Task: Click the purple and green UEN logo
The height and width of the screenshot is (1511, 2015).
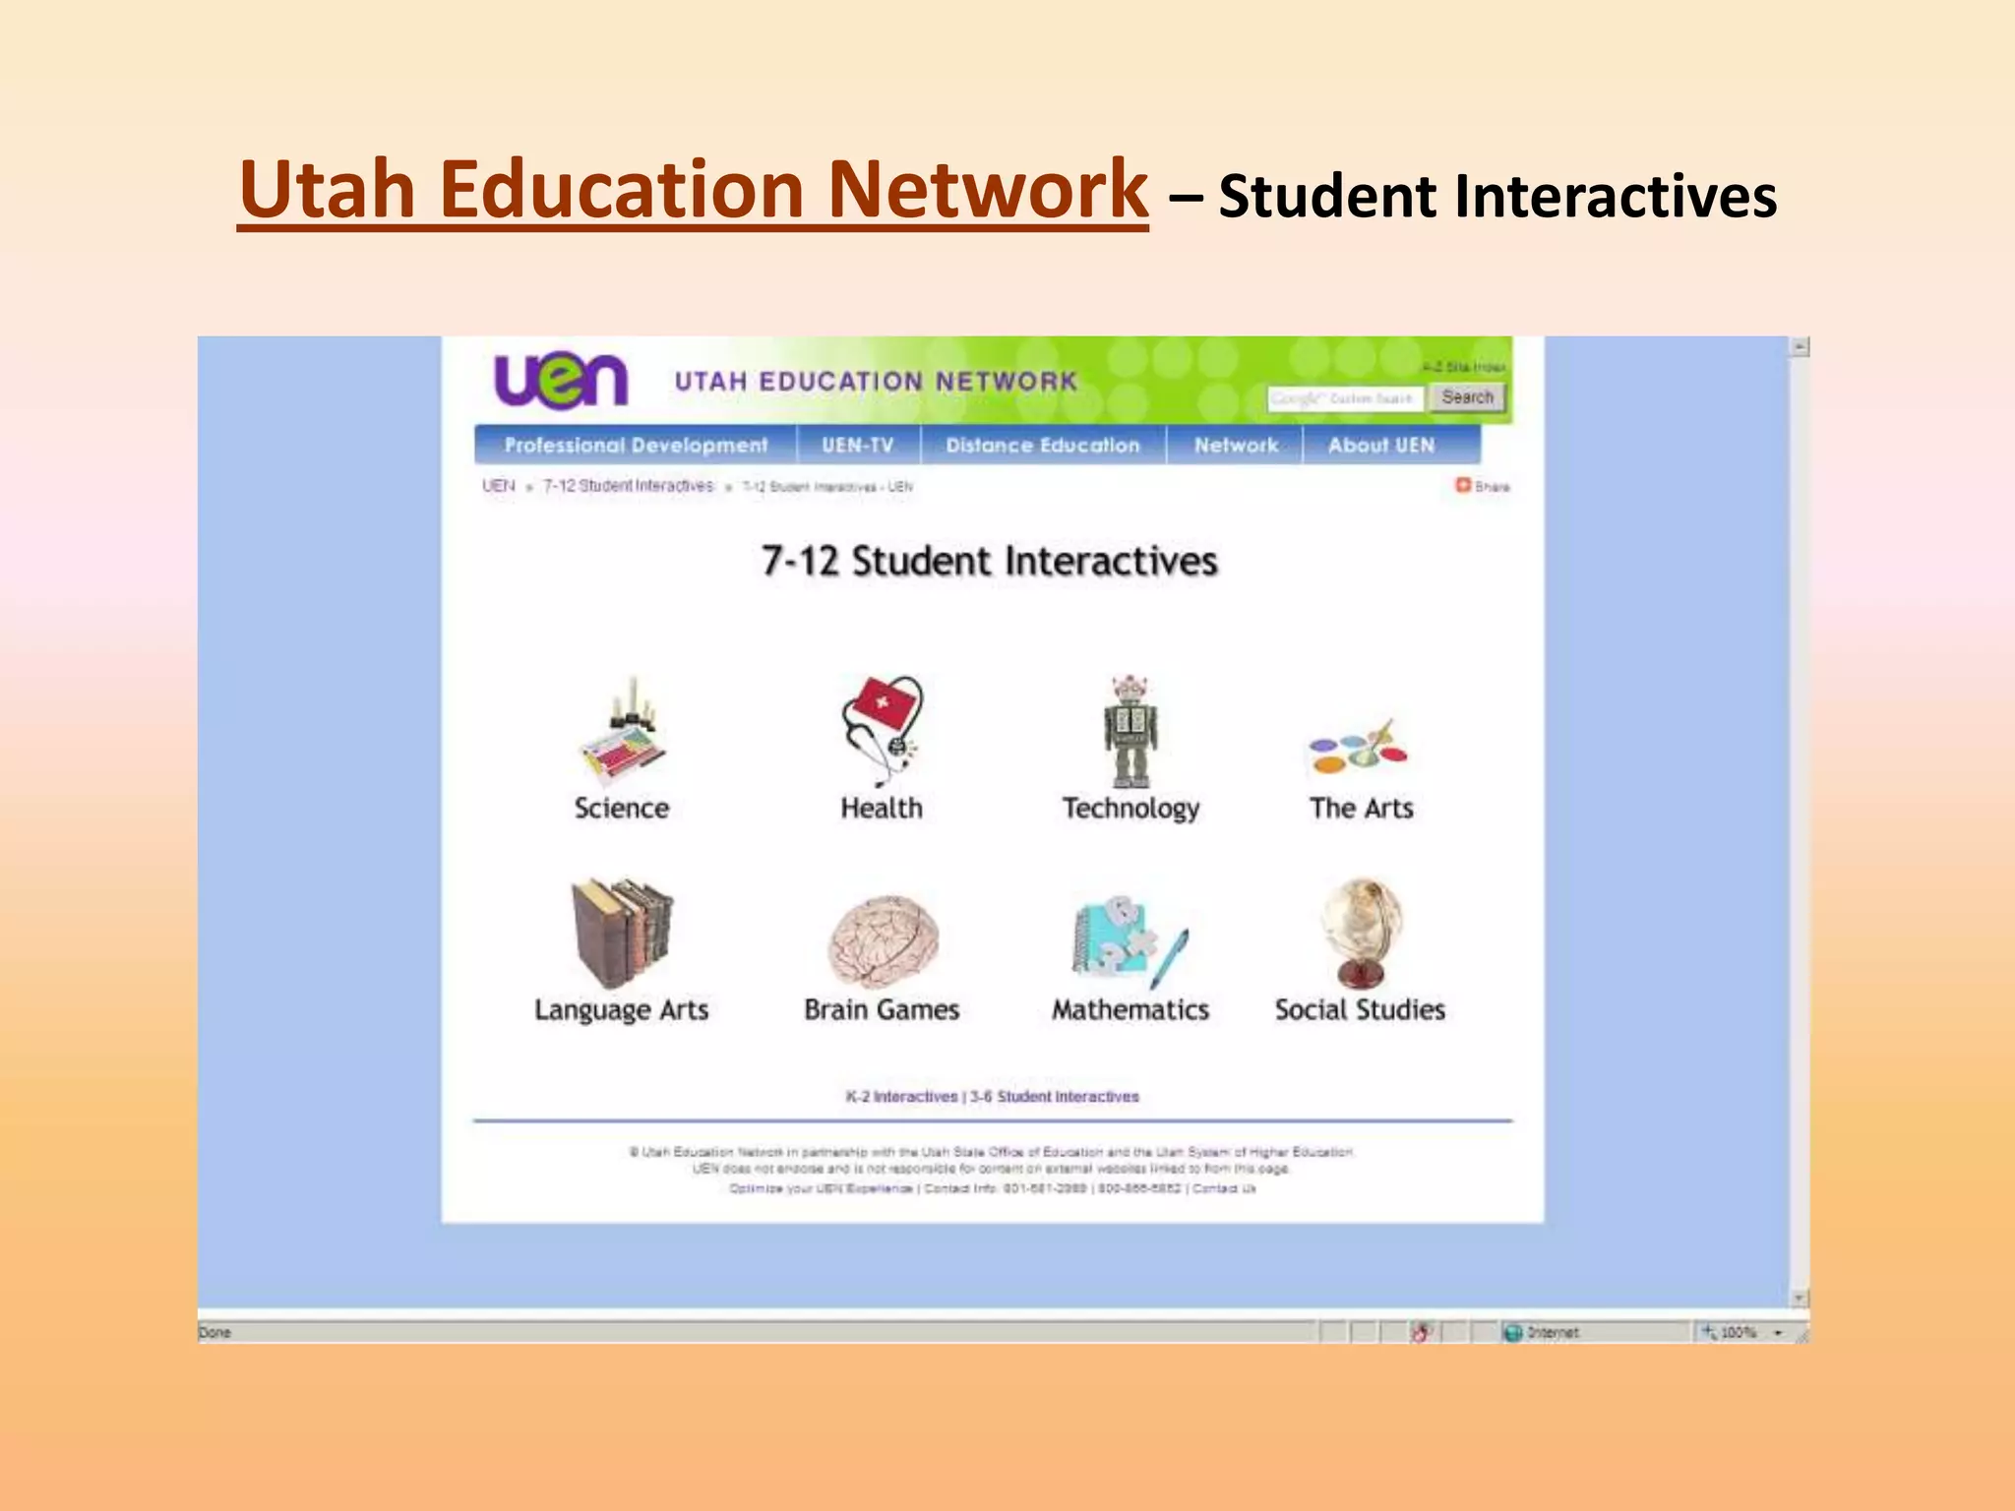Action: point(561,381)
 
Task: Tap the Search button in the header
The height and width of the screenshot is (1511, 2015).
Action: point(1467,397)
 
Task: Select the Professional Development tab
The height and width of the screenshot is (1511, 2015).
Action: point(636,446)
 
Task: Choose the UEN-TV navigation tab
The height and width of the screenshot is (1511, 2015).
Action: point(858,446)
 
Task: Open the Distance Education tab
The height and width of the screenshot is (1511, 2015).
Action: point(1043,446)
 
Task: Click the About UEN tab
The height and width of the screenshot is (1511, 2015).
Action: point(1381,446)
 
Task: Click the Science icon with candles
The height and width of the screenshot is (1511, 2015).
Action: point(623,730)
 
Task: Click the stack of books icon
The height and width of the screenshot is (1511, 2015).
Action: point(622,933)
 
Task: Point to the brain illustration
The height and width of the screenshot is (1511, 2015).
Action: point(883,940)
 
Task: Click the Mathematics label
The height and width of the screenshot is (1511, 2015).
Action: point(1130,1010)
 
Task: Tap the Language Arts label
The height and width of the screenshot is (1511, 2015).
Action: point(622,1010)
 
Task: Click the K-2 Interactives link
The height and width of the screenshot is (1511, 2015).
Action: point(901,1097)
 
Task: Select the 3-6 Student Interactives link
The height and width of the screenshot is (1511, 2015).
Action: point(1055,1097)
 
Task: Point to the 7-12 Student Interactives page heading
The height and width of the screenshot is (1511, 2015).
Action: point(990,562)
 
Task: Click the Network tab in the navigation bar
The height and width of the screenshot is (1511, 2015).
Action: point(1236,446)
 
